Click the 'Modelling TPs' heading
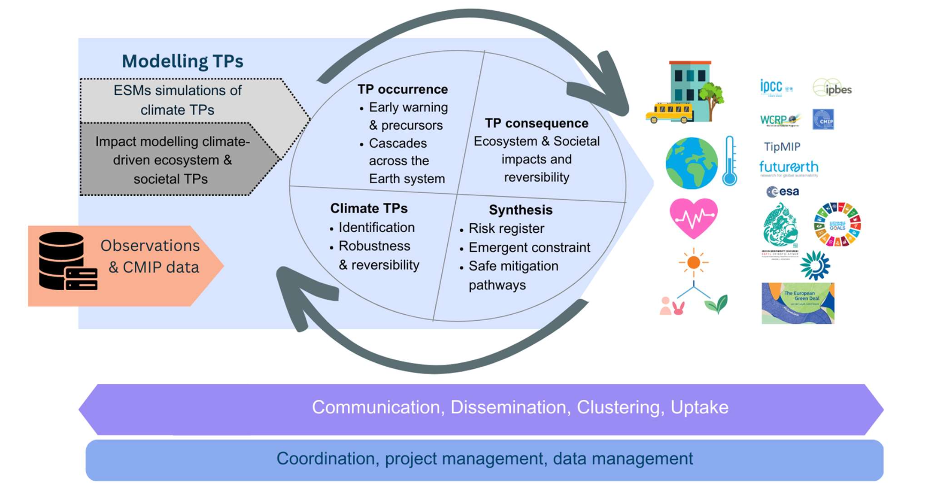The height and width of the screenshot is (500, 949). pos(183,61)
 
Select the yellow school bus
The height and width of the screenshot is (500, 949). pos(669,113)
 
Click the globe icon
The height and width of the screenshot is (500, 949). pos(691,163)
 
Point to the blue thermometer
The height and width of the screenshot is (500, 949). pos(729,161)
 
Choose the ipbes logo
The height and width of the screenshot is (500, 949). pos(833,89)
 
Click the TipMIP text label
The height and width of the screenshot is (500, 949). pos(782,147)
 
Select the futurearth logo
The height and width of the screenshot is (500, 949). pos(789,168)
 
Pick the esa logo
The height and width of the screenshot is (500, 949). pos(782,192)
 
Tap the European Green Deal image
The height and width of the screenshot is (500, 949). pos(797,303)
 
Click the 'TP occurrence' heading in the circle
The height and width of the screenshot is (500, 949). pos(402,89)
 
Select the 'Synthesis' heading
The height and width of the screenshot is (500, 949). pos(520,210)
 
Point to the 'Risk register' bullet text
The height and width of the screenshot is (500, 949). pos(506,229)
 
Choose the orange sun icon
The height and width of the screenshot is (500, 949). pos(693,262)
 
